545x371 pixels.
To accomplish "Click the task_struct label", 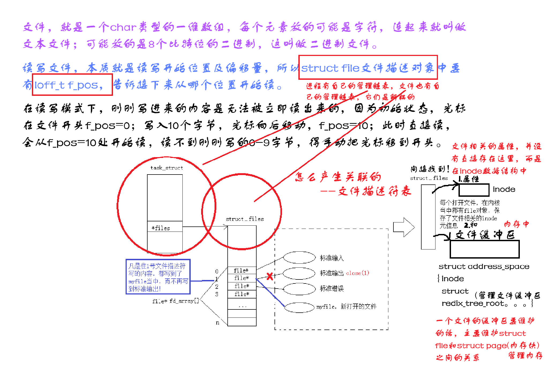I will pyautogui.click(x=167, y=168).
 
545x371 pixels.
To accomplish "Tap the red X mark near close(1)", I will pyautogui.click(x=270, y=276).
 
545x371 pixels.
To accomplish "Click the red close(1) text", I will pyautogui.click(x=358, y=273).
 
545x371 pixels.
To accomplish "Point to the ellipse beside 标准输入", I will pyautogui.click(x=299, y=258).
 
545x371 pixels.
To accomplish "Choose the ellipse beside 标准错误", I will pyautogui.click(x=299, y=289).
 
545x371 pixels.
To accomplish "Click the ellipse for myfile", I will pyautogui.click(x=299, y=307).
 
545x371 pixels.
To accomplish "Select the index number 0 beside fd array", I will pyautogui.click(x=217, y=271).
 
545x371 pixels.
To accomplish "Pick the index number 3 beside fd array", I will pyautogui.click(x=217, y=294).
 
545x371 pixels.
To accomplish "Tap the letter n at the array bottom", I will pyautogui.click(x=217, y=323).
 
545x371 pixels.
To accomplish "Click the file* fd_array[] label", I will pyautogui.click(x=175, y=301).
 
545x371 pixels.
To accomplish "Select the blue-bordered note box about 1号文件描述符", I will pyautogui.click(x=158, y=277).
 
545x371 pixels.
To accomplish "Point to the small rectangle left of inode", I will pyautogui.click(x=474, y=190).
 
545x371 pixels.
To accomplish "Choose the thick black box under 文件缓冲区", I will pyautogui.click(x=484, y=249).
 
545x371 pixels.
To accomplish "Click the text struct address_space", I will pyautogui.click(x=484, y=267).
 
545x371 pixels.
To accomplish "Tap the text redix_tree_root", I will pyautogui.click(x=474, y=304).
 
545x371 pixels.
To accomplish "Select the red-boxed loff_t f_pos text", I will pyautogui.click(x=69, y=85).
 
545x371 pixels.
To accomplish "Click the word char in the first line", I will pyautogui.click(x=123, y=27).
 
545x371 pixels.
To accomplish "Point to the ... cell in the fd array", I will pyautogui.click(x=242, y=306).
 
